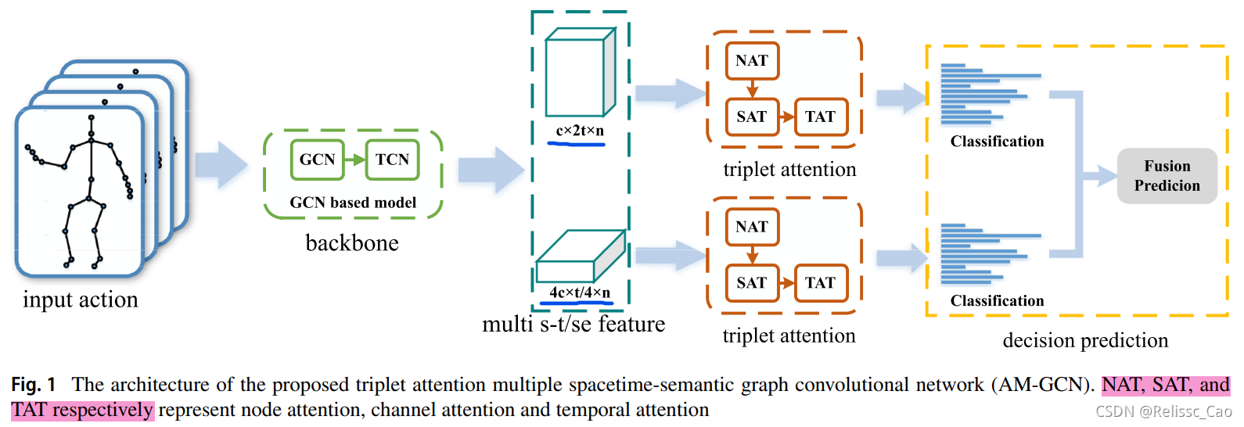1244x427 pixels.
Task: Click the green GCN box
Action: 317,160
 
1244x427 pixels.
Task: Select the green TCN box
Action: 392,160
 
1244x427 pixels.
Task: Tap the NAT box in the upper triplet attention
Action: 752,61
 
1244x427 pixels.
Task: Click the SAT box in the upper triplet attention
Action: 752,117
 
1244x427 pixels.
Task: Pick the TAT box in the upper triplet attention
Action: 821,117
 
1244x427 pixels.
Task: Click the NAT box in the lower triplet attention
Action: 752,227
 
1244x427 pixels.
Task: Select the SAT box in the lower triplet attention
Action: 752,282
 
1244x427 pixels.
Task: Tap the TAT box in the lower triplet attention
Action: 821,282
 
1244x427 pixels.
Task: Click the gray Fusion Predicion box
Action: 1167,176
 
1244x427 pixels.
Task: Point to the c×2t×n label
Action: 580,131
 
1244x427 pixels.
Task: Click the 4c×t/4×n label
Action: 580,292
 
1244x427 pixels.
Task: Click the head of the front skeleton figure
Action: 92,119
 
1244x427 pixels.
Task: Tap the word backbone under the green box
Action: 352,243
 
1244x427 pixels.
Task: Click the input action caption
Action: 81,300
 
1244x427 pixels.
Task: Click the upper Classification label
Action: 997,142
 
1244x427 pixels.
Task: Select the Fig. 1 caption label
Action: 33,385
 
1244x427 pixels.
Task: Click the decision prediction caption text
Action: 1085,340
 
